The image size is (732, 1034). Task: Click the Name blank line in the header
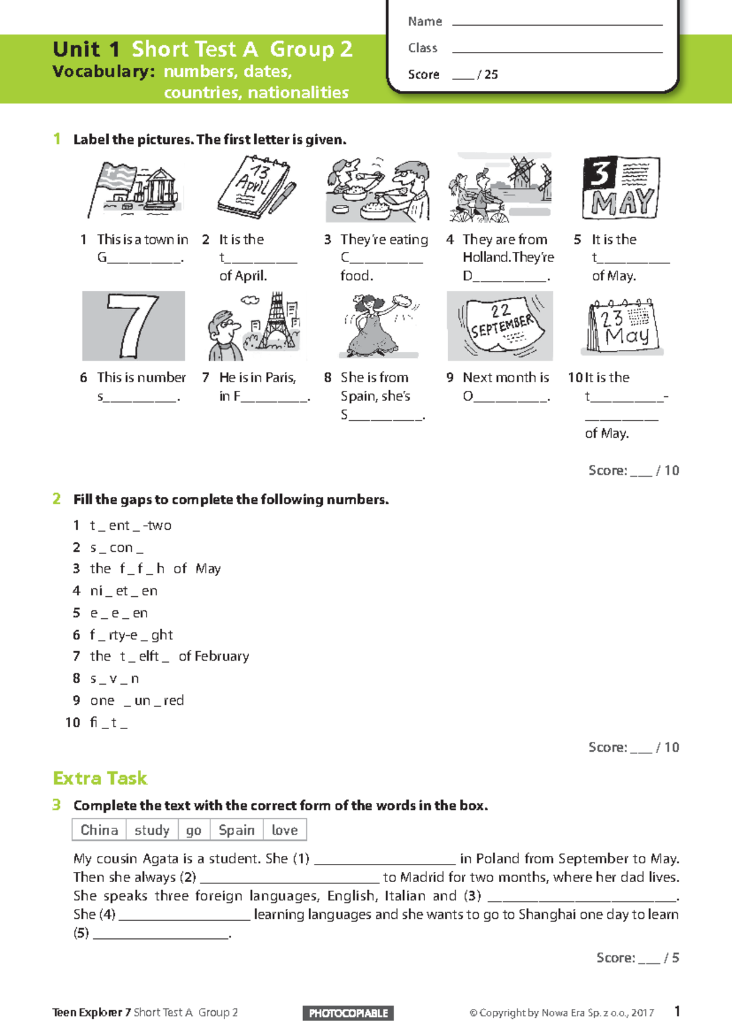[x=556, y=24]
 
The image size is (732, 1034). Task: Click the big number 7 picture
[x=133, y=326]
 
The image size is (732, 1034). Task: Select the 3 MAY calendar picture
[x=621, y=188]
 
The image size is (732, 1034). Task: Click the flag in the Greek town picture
[x=120, y=177]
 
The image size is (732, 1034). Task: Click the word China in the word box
[x=99, y=830]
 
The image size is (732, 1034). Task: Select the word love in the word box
[x=284, y=830]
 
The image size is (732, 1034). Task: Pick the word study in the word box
[x=152, y=830]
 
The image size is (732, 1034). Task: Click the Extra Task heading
[x=100, y=778]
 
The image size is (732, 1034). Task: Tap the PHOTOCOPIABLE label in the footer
[x=348, y=1013]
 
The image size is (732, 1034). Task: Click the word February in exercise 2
[x=223, y=656]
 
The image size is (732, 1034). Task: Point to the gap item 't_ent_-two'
[x=131, y=525]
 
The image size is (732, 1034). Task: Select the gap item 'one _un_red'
[x=137, y=701]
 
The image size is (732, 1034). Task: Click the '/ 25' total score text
[x=488, y=74]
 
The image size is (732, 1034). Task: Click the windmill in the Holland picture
[x=522, y=172]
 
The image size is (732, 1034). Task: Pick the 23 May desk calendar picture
[x=622, y=327]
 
